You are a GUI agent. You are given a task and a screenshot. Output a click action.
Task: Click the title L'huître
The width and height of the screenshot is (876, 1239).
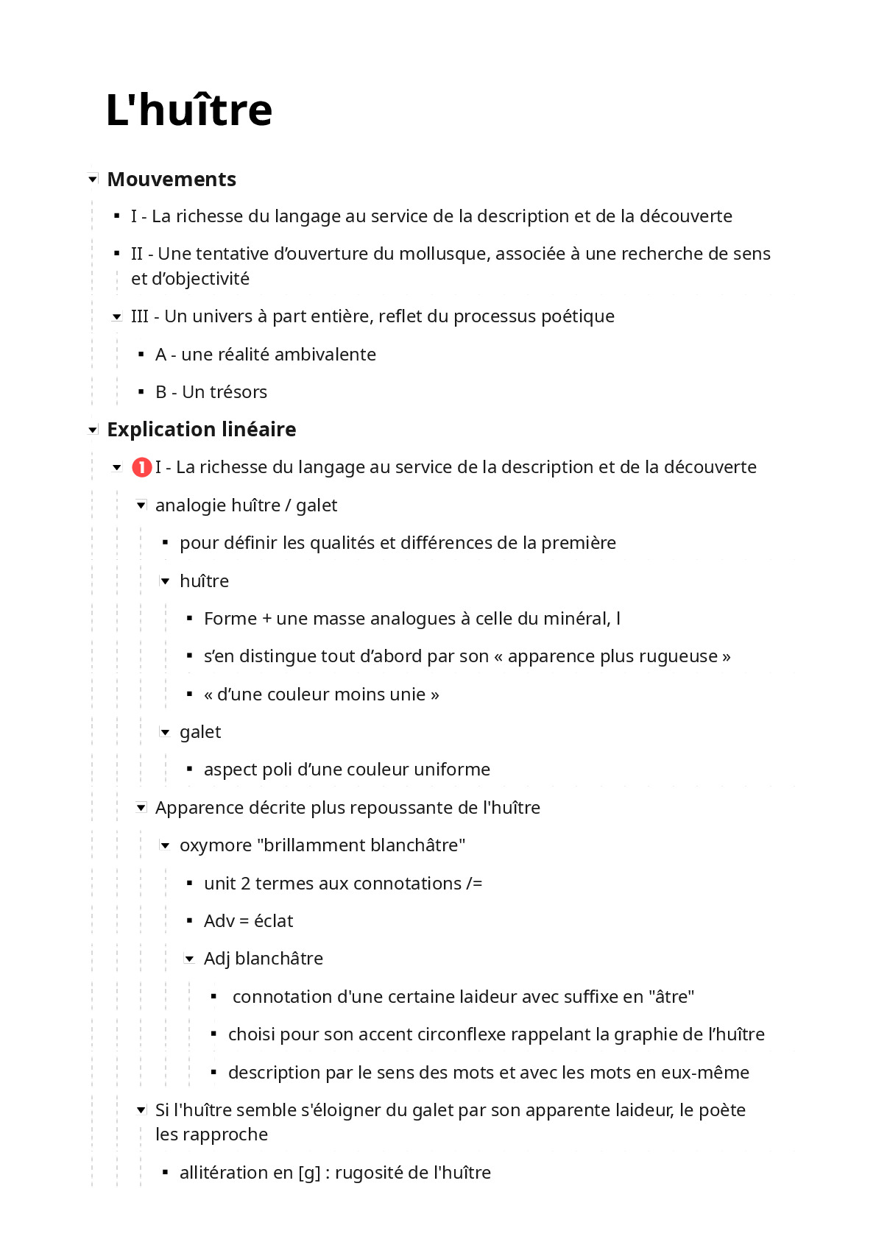[x=189, y=110]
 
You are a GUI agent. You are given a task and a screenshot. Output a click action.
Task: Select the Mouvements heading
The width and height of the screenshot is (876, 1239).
[x=172, y=180]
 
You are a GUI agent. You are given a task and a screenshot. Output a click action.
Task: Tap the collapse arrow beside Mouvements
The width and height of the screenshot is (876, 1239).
[x=93, y=179]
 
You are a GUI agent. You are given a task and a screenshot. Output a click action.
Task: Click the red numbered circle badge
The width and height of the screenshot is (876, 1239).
[x=141, y=467]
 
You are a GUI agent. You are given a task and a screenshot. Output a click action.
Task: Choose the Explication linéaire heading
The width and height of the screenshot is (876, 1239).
[x=202, y=430]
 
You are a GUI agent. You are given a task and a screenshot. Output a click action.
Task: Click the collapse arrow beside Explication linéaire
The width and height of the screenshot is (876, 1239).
[x=93, y=430]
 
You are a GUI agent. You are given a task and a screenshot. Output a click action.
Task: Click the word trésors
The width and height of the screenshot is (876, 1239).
[x=239, y=392]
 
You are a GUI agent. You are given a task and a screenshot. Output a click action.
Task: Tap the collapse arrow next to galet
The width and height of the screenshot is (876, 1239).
[x=166, y=732]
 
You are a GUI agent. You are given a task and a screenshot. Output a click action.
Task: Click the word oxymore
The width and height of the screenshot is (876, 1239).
[x=216, y=845]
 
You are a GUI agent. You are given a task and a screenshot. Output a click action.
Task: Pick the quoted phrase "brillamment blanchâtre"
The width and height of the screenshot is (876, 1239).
[x=361, y=845]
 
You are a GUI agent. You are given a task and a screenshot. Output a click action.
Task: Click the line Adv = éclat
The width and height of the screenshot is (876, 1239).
[x=248, y=921]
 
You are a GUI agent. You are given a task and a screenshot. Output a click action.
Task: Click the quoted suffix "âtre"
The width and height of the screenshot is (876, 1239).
[x=671, y=997]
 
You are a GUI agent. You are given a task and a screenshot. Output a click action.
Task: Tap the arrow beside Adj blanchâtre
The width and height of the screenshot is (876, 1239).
[x=190, y=959]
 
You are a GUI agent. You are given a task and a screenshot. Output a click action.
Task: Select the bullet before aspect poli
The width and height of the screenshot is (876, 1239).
[x=190, y=770]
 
